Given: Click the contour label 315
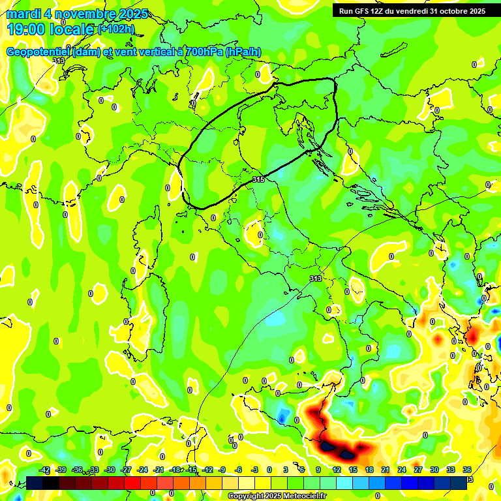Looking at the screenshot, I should (x=258, y=179).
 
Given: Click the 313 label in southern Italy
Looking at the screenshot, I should (x=315, y=279).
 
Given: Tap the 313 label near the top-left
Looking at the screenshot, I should (x=59, y=61).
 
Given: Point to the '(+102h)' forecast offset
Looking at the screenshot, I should (x=115, y=29).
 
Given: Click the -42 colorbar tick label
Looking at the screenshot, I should (x=44, y=470).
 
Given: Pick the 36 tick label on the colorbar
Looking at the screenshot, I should (x=467, y=470).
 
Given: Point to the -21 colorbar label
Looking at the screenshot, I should (x=159, y=470).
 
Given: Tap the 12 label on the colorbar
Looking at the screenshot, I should (x=337, y=470).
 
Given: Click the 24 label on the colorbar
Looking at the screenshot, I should (x=402, y=470).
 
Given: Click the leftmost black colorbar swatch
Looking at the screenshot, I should (x=35, y=482).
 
